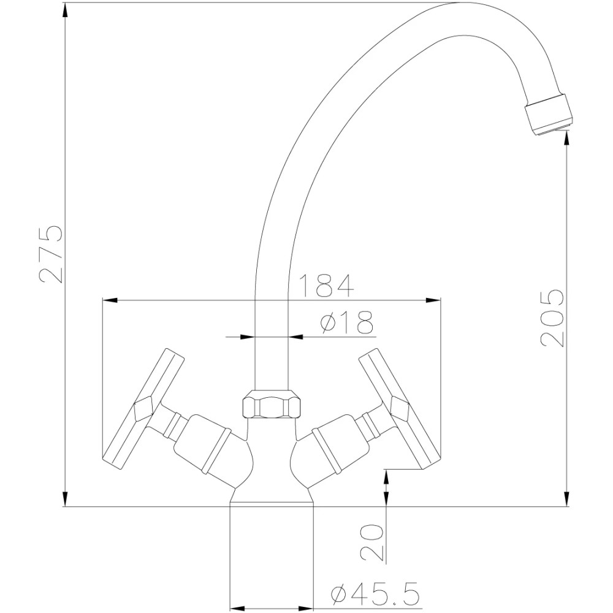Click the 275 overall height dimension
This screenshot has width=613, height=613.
[51, 254]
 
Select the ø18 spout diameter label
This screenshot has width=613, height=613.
[346, 322]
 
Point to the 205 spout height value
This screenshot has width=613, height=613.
[552, 318]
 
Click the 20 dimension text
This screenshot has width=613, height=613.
[372, 543]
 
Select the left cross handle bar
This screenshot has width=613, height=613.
[143, 409]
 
